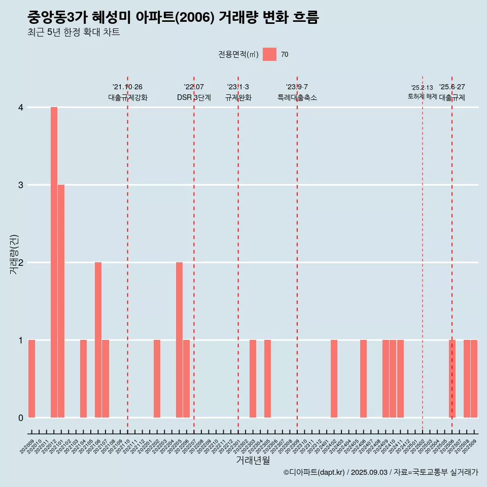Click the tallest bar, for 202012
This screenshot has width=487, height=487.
click(x=54, y=262)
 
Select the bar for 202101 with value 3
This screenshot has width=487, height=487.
click(x=61, y=301)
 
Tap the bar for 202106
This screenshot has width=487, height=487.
click(x=98, y=340)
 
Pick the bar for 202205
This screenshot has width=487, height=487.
click(x=179, y=340)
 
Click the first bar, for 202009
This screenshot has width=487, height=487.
click(x=31, y=378)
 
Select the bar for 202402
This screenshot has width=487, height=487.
click(x=334, y=378)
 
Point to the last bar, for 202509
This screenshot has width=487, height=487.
click(x=474, y=378)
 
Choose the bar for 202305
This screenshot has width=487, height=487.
click(x=267, y=378)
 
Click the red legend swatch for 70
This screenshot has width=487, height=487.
click(x=269, y=54)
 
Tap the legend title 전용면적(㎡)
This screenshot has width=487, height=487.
click(x=238, y=55)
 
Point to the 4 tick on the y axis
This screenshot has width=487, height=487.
click(x=21, y=108)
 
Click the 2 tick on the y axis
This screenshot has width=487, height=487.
click(x=21, y=263)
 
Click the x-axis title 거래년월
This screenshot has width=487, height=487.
click(x=253, y=460)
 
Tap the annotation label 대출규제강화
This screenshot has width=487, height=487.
click(x=128, y=97)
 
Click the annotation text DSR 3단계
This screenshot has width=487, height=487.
click(x=194, y=97)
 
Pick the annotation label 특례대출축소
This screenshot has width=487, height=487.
click(x=297, y=97)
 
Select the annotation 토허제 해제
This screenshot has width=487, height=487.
click(x=422, y=96)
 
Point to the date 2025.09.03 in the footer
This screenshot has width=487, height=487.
click(x=369, y=473)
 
